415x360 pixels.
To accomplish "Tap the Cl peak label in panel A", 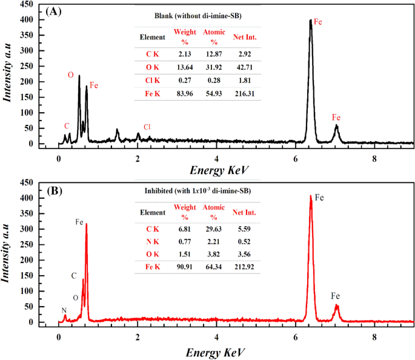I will [147, 127].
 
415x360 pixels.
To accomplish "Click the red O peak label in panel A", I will [70, 75].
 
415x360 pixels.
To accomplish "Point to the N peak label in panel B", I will [64, 310].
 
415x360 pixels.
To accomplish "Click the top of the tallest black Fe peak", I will [311, 20].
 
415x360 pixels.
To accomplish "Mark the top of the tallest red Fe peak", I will [311, 196].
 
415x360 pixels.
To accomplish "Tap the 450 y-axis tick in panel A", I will [25, 4].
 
